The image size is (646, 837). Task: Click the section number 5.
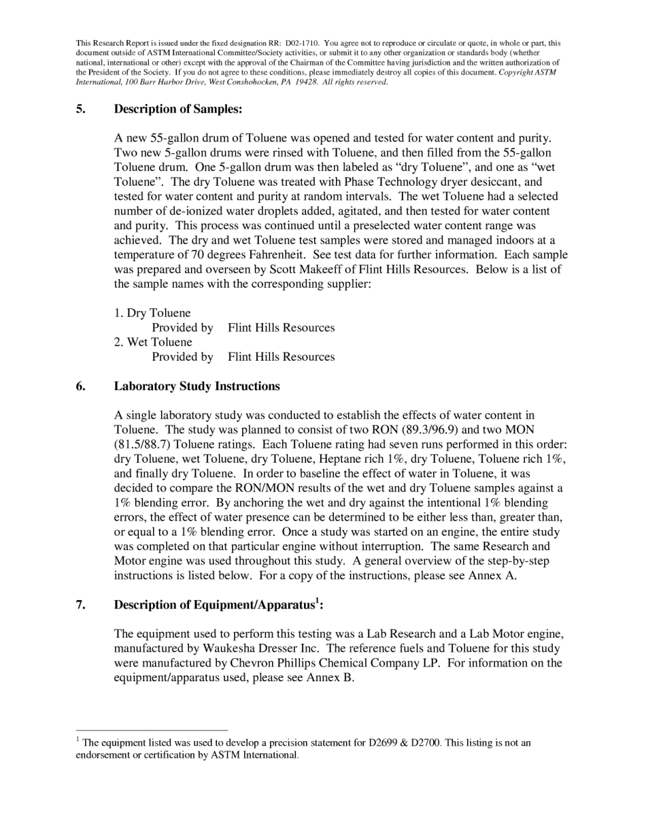(x=80, y=109)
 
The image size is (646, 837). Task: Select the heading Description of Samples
(x=177, y=109)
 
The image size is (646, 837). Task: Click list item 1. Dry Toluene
(x=152, y=313)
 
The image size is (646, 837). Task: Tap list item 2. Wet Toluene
(x=153, y=342)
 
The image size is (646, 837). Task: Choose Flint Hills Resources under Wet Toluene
(x=281, y=357)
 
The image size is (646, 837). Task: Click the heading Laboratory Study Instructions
(x=197, y=386)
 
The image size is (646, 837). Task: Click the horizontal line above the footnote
(x=151, y=730)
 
